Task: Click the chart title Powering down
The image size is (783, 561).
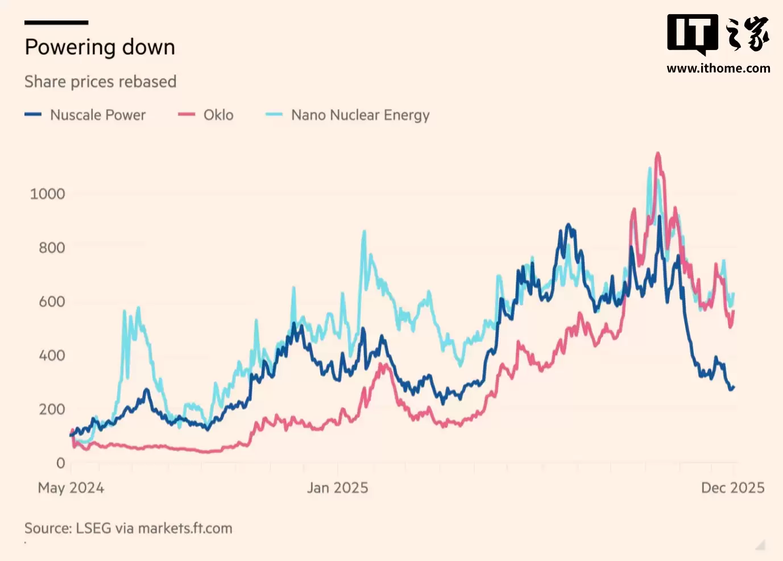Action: pyautogui.click(x=100, y=47)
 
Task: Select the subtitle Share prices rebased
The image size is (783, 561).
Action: pyautogui.click(x=101, y=82)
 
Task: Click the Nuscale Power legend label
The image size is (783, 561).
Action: pyautogui.click(x=98, y=115)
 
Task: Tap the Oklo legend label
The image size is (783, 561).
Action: pyautogui.click(x=218, y=115)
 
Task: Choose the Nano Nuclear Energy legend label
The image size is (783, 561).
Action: pyautogui.click(x=360, y=115)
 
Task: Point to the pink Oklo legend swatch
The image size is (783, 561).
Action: pyautogui.click(x=187, y=114)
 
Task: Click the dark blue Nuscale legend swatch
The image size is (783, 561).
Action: pyautogui.click(x=33, y=114)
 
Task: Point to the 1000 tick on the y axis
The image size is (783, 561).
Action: pyautogui.click(x=47, y=194)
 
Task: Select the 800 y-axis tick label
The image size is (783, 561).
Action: pyautogui.click(x=52, y=247)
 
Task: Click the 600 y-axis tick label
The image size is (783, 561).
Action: pyautogui.click(x=52, y=302)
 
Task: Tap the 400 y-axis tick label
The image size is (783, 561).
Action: pyautogui.click(x=52, y=356)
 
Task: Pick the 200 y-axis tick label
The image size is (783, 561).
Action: pyautogui.click(x=52, y=409)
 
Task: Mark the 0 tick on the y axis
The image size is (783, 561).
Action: pyautogui.click(x=60, y=463)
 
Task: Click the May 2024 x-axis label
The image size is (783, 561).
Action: pyautogui.click(x=71, y=488)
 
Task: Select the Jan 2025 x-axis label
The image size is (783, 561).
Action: pyautogui.click(x=338, y=488)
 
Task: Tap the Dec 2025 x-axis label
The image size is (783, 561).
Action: pyautogui.click(x=732, y=488)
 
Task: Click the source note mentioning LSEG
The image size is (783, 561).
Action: pyautogui.click(x=129, y=529)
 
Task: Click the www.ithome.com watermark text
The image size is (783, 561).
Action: pyautogui.click(x=718, y=69)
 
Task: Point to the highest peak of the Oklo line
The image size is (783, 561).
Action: pyautogui.click(x=658, y=153)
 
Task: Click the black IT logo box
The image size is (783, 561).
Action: pyautogui.click(x=692, y=33)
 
